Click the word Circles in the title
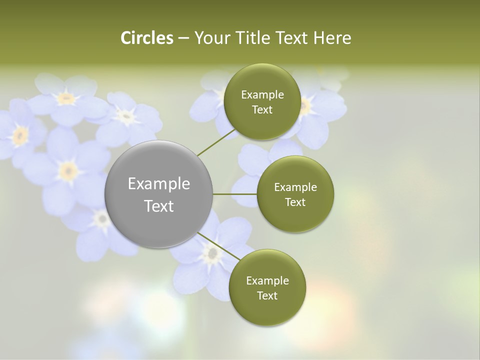point(147,38)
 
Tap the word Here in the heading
point(332,38)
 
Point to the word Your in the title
point(211,38)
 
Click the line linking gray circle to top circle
point(216,142)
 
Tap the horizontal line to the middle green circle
point(235,194)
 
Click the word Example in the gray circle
point(159,184)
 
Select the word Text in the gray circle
point(159,206)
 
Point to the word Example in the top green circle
point(262,95)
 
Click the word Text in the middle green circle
point(295,202)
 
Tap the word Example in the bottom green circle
point(267,280)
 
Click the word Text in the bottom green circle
point(267,295)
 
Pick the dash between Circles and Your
point(183,38)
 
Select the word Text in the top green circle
point(262,110)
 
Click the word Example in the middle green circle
point(295,187)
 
